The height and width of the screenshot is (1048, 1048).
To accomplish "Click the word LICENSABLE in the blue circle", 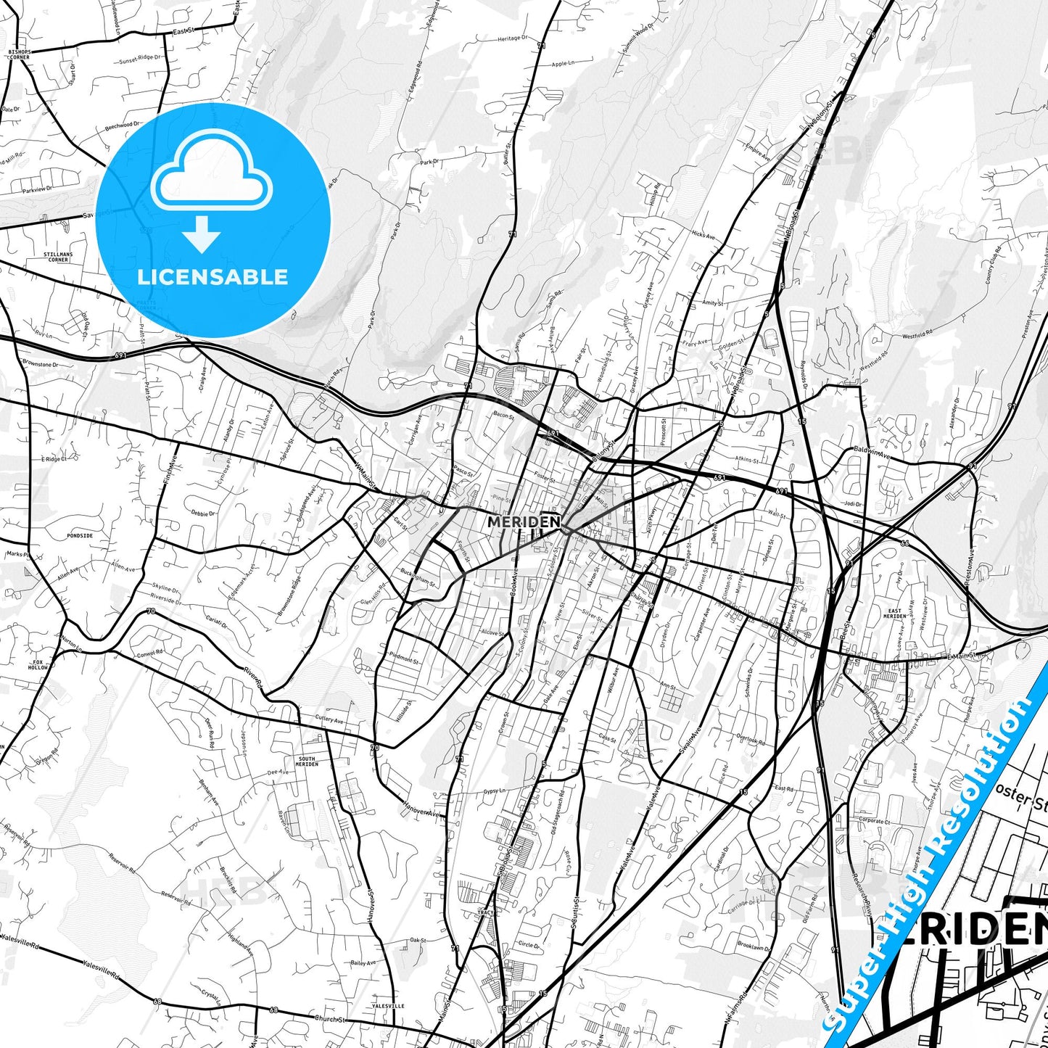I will (213, 277).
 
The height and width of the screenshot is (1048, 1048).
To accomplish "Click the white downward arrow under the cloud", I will (202, 234).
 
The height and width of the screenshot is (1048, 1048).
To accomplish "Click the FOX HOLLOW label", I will (37, 665).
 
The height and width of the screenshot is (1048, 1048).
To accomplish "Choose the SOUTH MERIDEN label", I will (307, 762).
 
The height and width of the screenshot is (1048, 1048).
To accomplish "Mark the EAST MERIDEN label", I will (895, 614).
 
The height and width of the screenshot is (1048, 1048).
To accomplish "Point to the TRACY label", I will (485, 912).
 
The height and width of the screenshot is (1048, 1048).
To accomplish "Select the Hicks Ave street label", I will (704, 235).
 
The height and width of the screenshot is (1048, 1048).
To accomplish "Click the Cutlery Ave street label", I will (329, 720).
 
